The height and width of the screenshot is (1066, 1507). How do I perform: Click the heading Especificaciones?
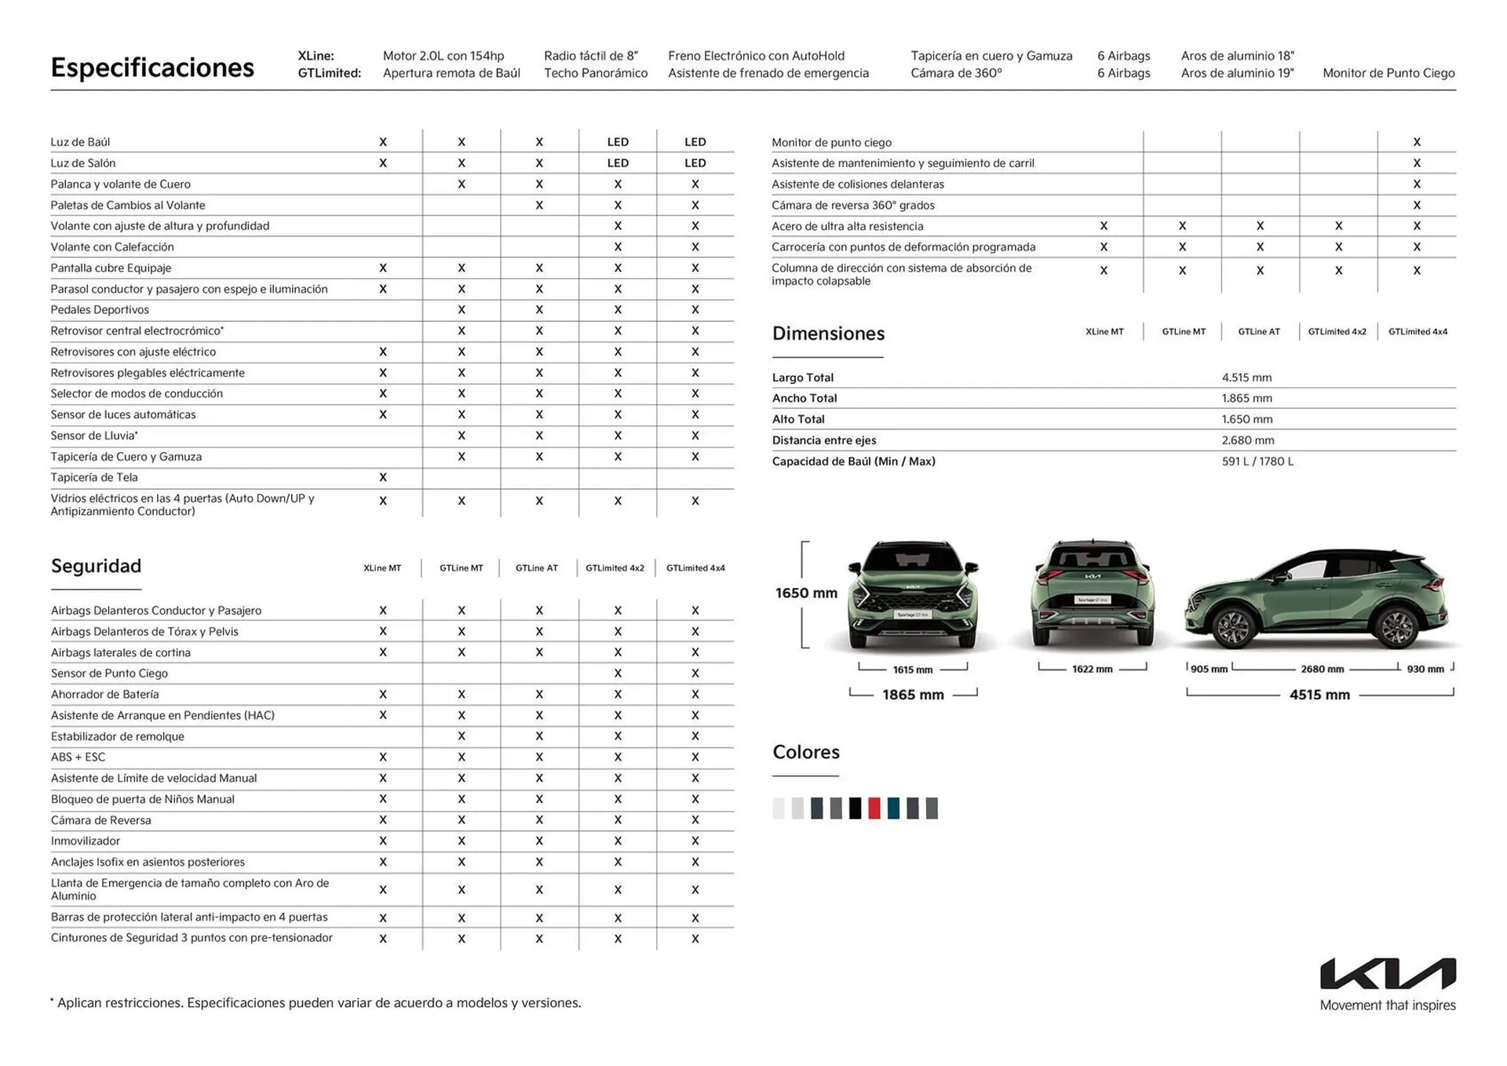pyautogui.click(x=152, y=68)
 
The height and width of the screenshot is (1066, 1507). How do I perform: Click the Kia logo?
pyautogui.click(x=1387, y=973)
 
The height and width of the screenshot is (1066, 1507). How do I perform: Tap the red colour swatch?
pyautogui.click(x=874, y=808)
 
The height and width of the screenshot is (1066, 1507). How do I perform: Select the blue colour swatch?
pyautogui.click(x=893, y=808)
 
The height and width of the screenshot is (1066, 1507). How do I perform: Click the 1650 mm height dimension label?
pyautogui.click(x=806, y=593)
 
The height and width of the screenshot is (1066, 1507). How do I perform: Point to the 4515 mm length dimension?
pyautogui.click(x=1319, y=695)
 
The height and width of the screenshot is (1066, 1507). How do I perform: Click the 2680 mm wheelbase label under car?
pyautogui.click(x=1322, y=669)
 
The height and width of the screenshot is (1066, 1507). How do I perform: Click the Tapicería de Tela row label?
pyautogui.click(x=94, y=477)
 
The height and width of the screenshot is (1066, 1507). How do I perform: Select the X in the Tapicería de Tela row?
pyautogui.click(x=383, y=477)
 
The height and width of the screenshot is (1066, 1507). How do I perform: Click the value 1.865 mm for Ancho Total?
pyautogui.click(x=1246, y=398)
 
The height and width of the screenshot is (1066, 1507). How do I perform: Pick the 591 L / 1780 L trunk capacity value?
pyautogui.click(x=1257, y=462)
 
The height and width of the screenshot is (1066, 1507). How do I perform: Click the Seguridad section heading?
pyautogui.click(x=96, y=566)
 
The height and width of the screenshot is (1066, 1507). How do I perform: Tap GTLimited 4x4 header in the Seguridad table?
pyautogui.click(x=695, y=568)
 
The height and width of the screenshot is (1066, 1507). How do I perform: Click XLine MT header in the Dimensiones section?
pyautogui.click(x=1104, y=331)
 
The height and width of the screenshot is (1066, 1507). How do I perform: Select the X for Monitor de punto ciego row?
pyautogui.click(x=1417, y=142)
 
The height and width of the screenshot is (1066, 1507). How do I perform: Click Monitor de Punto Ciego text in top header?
pyautogui.click(x=1388, y=73)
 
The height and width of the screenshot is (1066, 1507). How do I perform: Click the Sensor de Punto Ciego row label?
pyautogui.click(x=109, y=674)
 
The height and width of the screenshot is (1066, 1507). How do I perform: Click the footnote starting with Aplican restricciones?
pyautogui.click(x=318, y=1002)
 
